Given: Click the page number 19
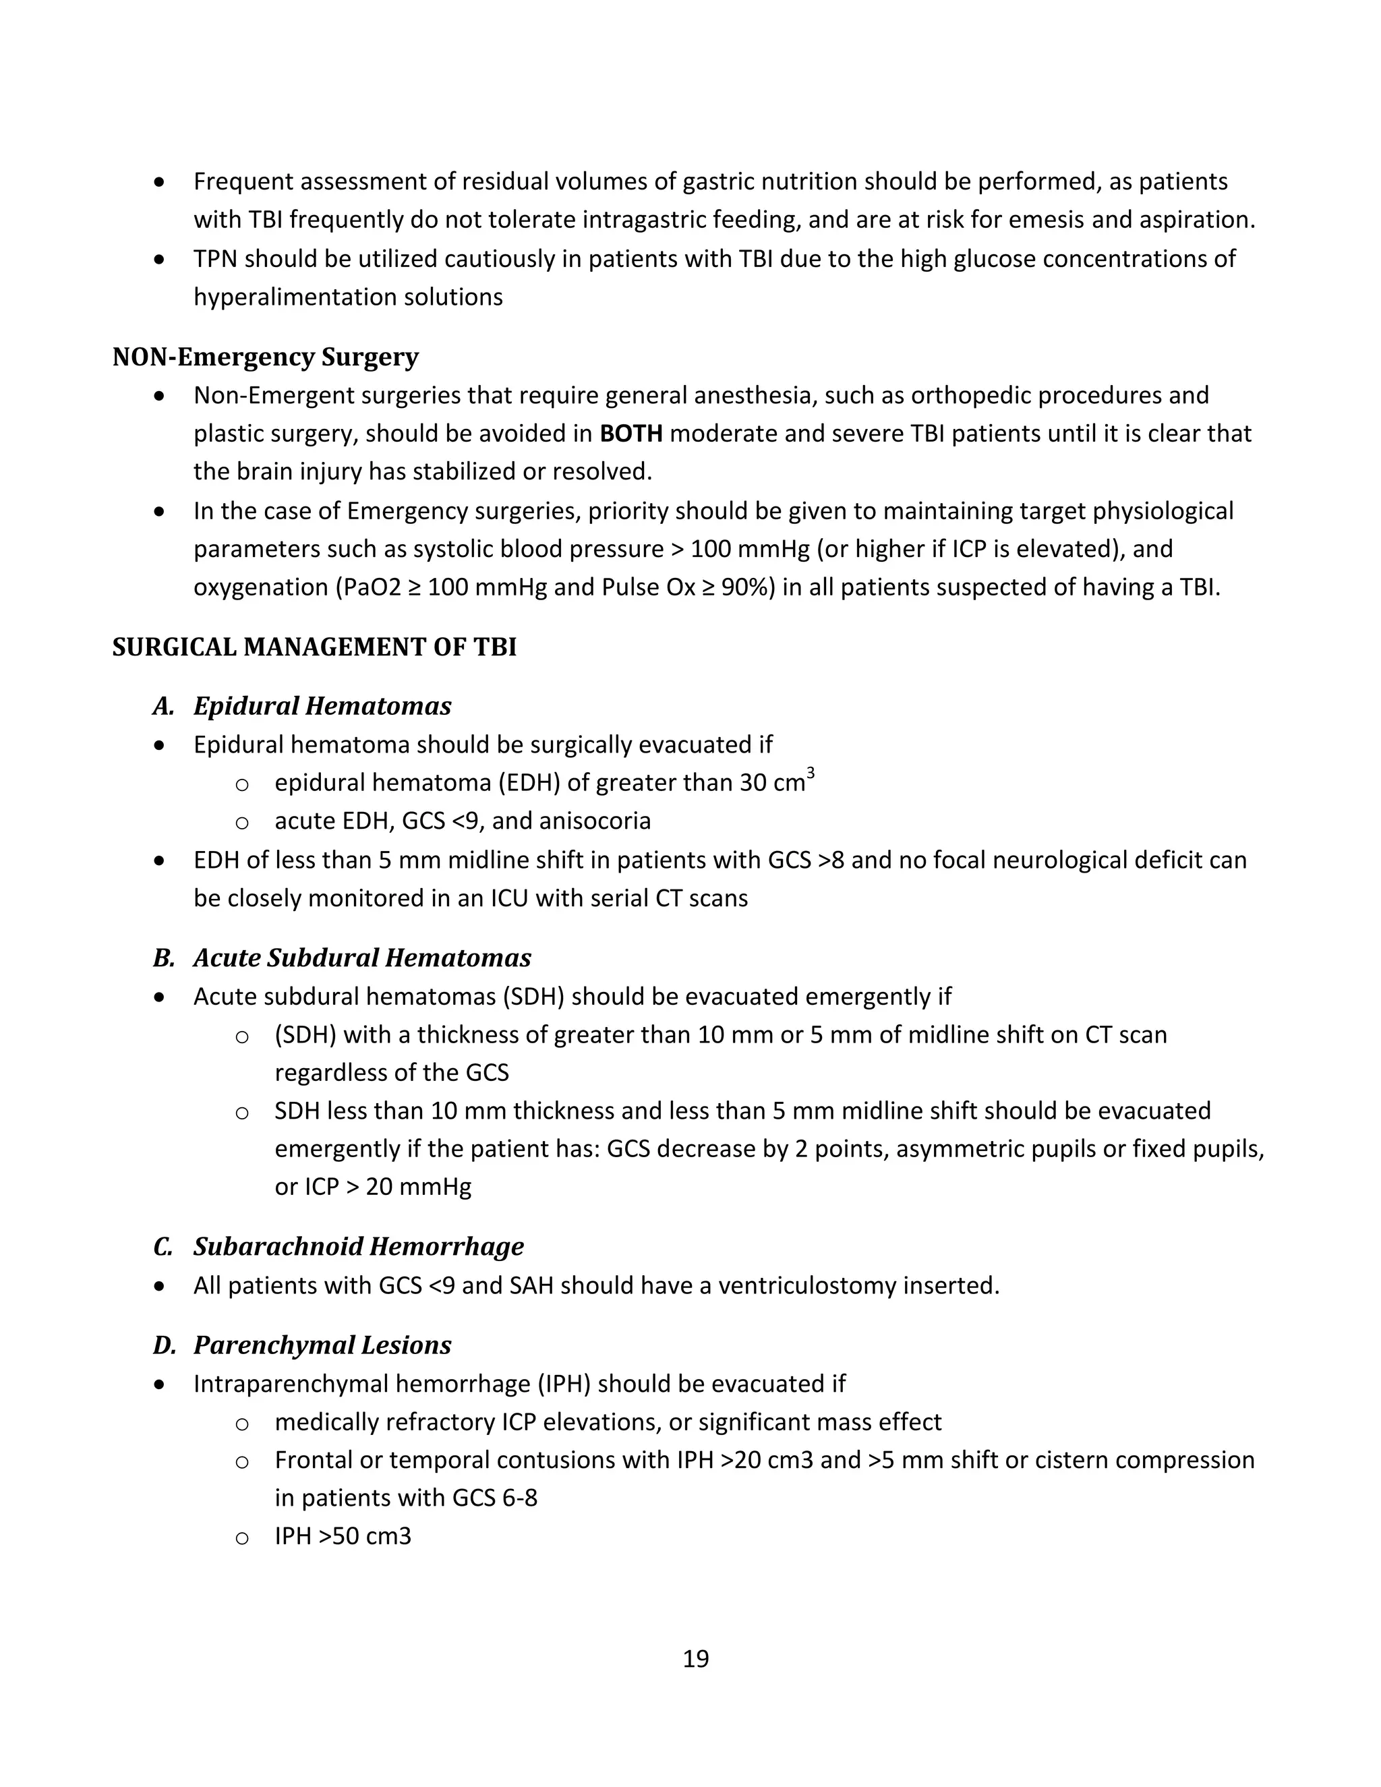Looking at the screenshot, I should click(x=695, y=1659).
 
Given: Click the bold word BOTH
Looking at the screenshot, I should click(x=630, y=434).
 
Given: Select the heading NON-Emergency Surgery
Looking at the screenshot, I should click(x=265, y=357).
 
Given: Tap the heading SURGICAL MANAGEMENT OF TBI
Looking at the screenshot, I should click(x=314, y=647).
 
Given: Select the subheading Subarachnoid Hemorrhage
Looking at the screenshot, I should click(x=358, y=1246).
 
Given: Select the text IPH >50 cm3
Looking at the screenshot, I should click(x=343, y=1535).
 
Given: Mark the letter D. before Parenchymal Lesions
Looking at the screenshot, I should click(x=164, y=1345).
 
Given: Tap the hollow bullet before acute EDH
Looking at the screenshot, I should click(x=241, y=822).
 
